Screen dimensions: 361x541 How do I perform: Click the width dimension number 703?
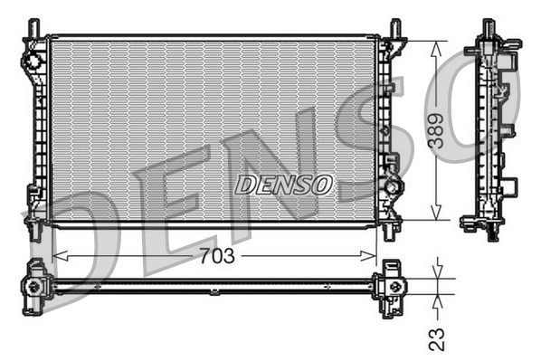click(x=215, y=256)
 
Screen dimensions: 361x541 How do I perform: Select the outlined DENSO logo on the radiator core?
click(x=284, y=185)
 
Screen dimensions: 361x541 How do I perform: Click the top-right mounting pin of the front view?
click(x=395, y=29)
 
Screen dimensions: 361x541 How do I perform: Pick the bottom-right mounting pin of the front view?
click(x=390, y=231)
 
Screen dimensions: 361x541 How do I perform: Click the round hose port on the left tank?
click(x=33, y=62)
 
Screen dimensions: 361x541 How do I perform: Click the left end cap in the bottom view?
click(x=35, y=286)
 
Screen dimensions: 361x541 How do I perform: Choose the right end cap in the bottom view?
click(x=391, y=286)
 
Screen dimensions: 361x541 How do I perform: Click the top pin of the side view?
click(x=489, y=28)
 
